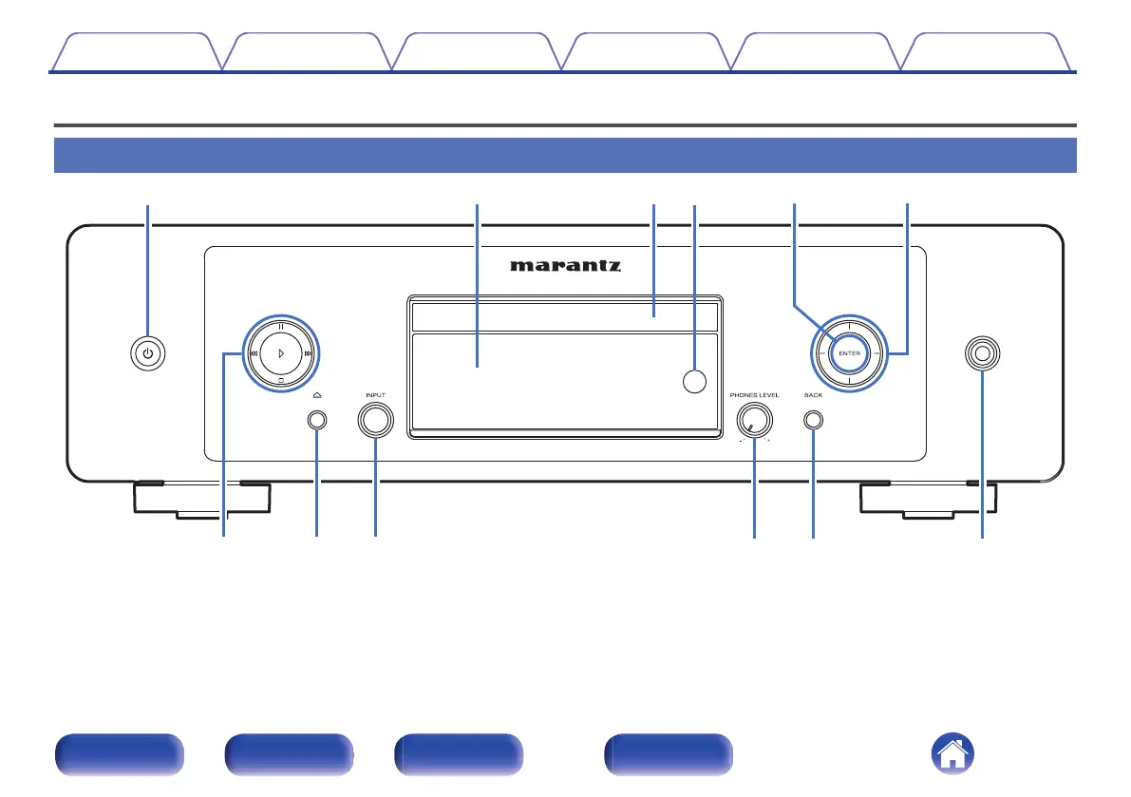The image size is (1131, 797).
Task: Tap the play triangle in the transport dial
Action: coord(281,352)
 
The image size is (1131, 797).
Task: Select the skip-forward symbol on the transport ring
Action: coord(310,353)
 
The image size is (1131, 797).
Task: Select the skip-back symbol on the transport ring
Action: coord(253,353)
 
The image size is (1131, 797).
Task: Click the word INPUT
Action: coord(375,394)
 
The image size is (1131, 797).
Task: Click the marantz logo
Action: coord(565,266)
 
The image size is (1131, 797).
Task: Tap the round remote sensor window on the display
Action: coord(696,380)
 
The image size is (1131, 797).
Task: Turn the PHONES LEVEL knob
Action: coord(754,420)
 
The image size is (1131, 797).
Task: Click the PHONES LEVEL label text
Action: coord(754,394)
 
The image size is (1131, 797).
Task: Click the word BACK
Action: coord(813,394)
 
